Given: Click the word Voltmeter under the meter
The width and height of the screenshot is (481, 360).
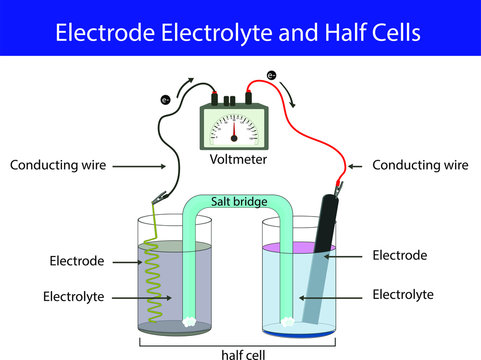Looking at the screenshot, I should [239, 159].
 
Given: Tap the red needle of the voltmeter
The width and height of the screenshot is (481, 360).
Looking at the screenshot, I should [236, 129].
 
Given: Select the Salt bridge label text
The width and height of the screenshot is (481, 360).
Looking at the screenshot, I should [239, 202].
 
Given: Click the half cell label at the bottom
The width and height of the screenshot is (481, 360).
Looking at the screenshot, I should [239, 352].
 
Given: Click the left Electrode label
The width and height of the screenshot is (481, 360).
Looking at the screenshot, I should [76, 262].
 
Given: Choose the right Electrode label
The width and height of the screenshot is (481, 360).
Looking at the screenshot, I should [399, 256].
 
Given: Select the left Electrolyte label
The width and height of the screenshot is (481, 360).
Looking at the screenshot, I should [75, 296].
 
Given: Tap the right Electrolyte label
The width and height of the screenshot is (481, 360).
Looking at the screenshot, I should [403, 294].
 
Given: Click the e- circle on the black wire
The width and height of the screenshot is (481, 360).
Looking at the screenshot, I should [166, 99].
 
